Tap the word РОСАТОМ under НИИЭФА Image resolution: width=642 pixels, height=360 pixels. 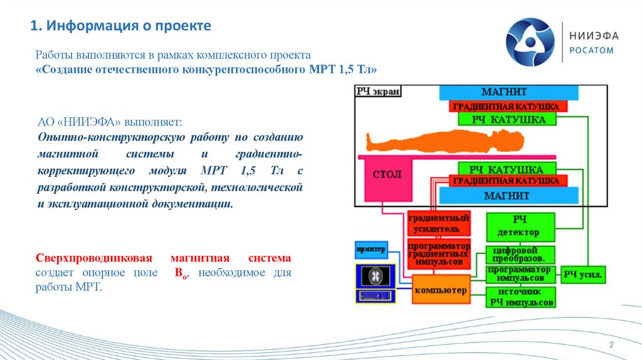[591, 51]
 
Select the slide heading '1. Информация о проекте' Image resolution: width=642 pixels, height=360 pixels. [121, 26]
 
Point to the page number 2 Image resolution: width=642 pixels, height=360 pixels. [611, 346]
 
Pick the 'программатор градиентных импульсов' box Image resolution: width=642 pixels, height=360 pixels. [439, 254]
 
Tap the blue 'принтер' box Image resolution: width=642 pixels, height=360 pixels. [371, 249]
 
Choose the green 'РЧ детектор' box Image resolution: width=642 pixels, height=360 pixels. [520, 226]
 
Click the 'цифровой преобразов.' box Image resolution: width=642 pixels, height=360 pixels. [520, 254]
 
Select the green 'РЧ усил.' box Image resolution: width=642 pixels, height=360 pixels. [582, 273]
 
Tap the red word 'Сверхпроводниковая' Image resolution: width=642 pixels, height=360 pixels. [84, 258]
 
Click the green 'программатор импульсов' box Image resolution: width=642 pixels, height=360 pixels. [520, 273]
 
